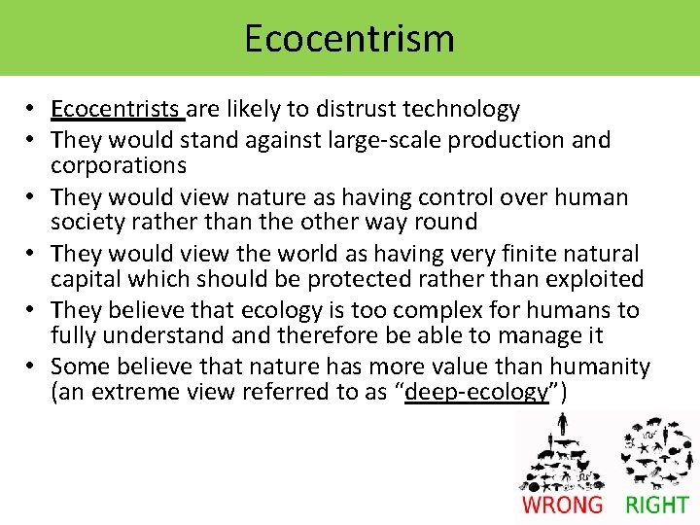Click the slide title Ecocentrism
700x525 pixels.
coord(349,39)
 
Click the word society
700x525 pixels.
coord(84,222)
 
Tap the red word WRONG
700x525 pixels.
coord(562,504)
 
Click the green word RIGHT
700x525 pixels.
coord(656,504)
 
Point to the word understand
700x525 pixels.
coord(157,336)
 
